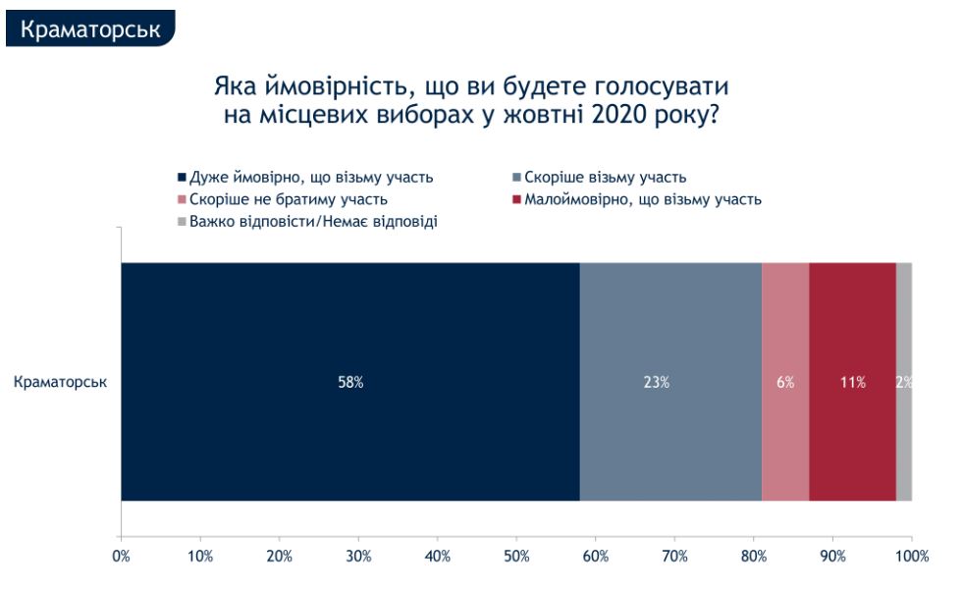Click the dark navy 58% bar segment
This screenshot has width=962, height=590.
pos(349,382)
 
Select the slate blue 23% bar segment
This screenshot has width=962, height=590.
pos(670,382)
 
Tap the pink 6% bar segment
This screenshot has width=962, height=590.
pos(785,382)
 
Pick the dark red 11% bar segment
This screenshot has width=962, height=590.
pos(852,382)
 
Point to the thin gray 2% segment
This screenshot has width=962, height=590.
pos(904,382)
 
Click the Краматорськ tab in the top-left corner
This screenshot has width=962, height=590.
pos(90,28)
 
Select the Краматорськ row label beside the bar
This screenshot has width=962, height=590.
pos(61,382)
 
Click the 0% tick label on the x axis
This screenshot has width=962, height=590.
pos(122,557)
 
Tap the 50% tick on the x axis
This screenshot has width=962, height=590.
pos(516,557)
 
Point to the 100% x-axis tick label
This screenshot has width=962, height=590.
pos(912,557)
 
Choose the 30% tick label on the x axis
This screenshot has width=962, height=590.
pos(358,557)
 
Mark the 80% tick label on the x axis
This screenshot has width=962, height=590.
pos(754,557)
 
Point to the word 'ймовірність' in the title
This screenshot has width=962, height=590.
pos(330,85)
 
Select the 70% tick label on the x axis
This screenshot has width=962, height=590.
pos(674,557)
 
